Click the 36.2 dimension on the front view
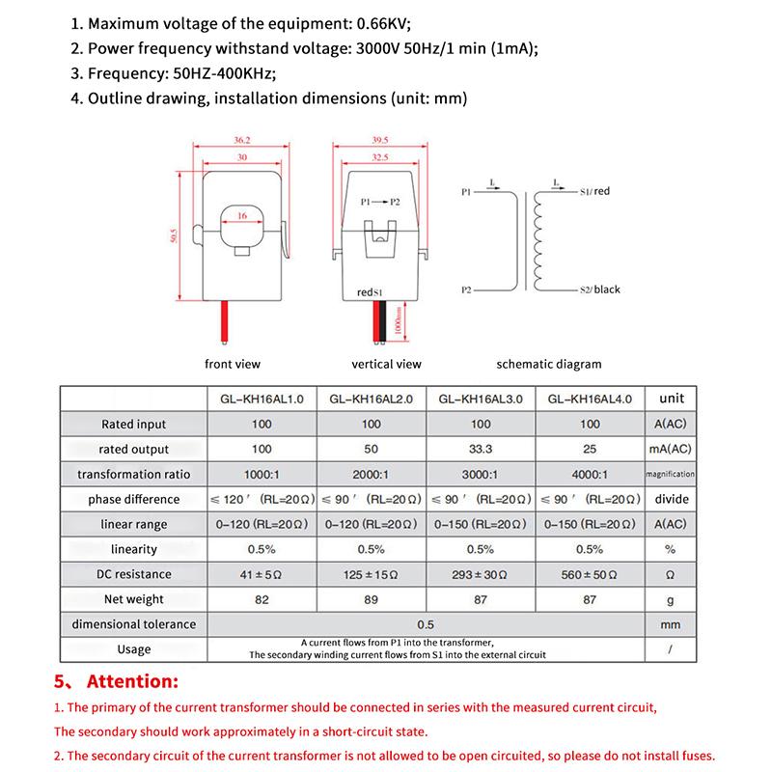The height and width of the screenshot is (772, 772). pyautogui.click(x=229, y=141)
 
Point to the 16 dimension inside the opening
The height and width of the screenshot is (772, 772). pyautogui.click(x=242, y=217)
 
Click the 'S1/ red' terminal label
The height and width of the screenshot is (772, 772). pyautogui.click(x=595, y=192)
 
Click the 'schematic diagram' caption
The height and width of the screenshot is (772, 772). pyautogui.click(x=548, y=365)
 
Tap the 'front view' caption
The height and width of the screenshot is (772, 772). pyautogui.click(x=233, y=365)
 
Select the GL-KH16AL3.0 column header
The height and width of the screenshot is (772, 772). pyautogui.click(x=480, y=399)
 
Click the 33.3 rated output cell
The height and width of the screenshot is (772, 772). pyautogui.click(x=481, y=449)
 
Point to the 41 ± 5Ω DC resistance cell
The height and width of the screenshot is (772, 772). pyautogui.click(x=262, y=574)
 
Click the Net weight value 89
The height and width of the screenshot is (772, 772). pyautogui.click(x=371, y=599)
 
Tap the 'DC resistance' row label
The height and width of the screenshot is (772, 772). pyautogui.click(x=134, y=574)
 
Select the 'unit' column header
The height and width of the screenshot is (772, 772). pyautogui.click(x=671, y=398)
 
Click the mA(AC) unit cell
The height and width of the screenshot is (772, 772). pyautogui.click(x=671, y=449)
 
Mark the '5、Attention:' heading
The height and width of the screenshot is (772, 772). pyautogui.click(x=116, y=681)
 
